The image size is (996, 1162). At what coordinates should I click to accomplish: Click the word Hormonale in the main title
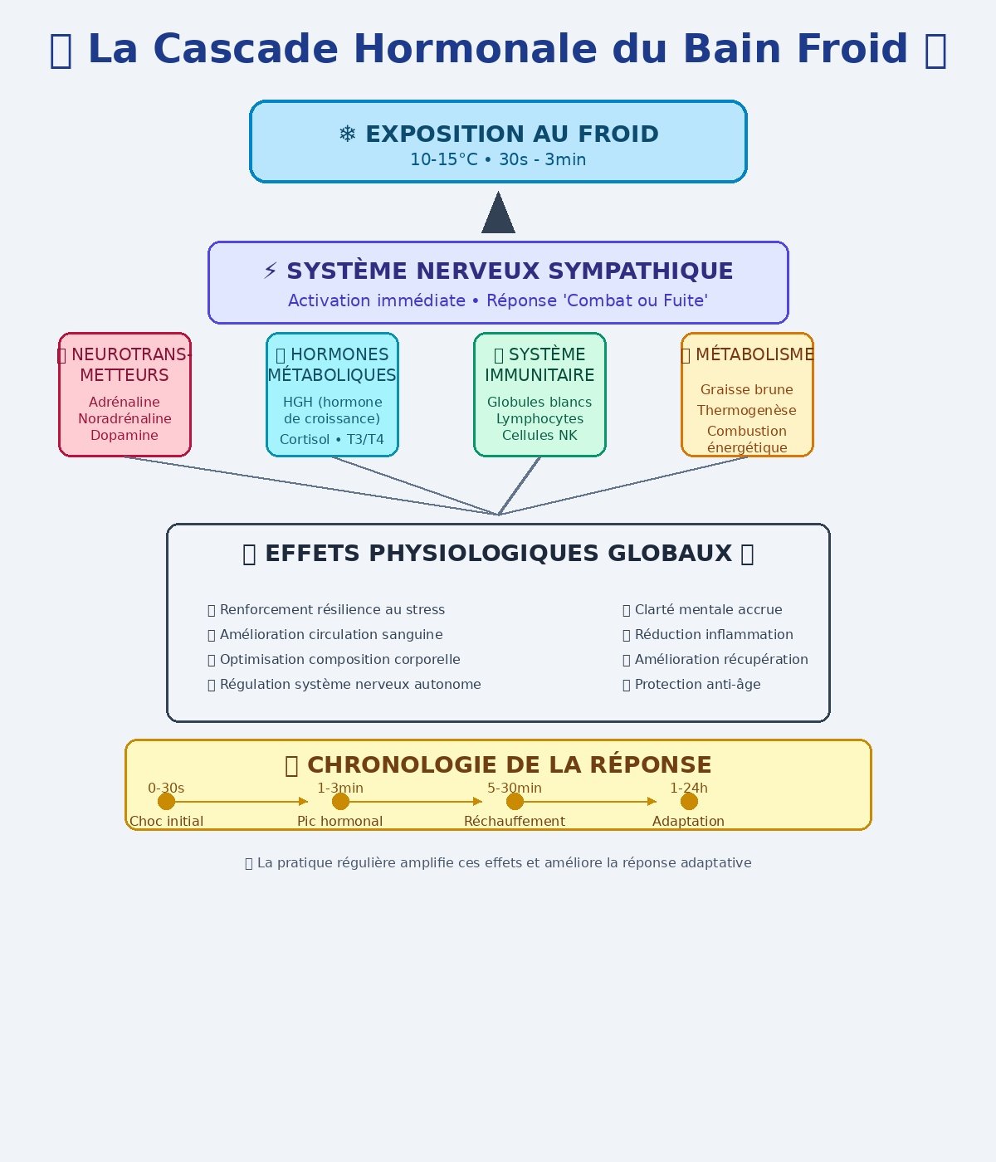point(475,49)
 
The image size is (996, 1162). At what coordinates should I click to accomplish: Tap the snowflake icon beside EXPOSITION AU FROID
point(348,134)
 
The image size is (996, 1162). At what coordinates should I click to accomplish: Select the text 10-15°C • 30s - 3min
point(498,159)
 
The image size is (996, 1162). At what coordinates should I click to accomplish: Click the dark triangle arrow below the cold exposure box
point(498,214)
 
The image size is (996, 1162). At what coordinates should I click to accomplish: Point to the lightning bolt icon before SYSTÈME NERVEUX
point(271,271)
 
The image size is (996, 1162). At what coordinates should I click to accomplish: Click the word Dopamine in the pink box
point(124,435)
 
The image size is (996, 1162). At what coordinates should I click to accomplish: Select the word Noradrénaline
point(124,418)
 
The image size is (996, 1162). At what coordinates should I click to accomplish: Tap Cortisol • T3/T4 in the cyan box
point(332,439)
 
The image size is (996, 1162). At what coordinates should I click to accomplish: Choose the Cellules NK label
point(539,435)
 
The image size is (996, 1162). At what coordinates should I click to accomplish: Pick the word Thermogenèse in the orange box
point(746,410)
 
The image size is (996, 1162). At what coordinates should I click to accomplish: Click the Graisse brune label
point(746,389)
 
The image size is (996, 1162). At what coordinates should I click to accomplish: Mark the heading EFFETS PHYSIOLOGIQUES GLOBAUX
point(498,554)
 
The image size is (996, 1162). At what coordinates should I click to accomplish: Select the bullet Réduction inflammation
point(714,634)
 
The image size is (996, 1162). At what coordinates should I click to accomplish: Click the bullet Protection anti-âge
point(697,684)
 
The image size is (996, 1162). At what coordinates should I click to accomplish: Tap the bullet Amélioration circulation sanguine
point(331,634)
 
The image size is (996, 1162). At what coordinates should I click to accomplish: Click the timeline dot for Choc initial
point(166,801)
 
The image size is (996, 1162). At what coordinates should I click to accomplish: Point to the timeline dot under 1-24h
point(689,801)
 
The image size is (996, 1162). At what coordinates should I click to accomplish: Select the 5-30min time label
point(515,788)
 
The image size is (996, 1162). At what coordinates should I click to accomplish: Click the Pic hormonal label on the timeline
point(339,821)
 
